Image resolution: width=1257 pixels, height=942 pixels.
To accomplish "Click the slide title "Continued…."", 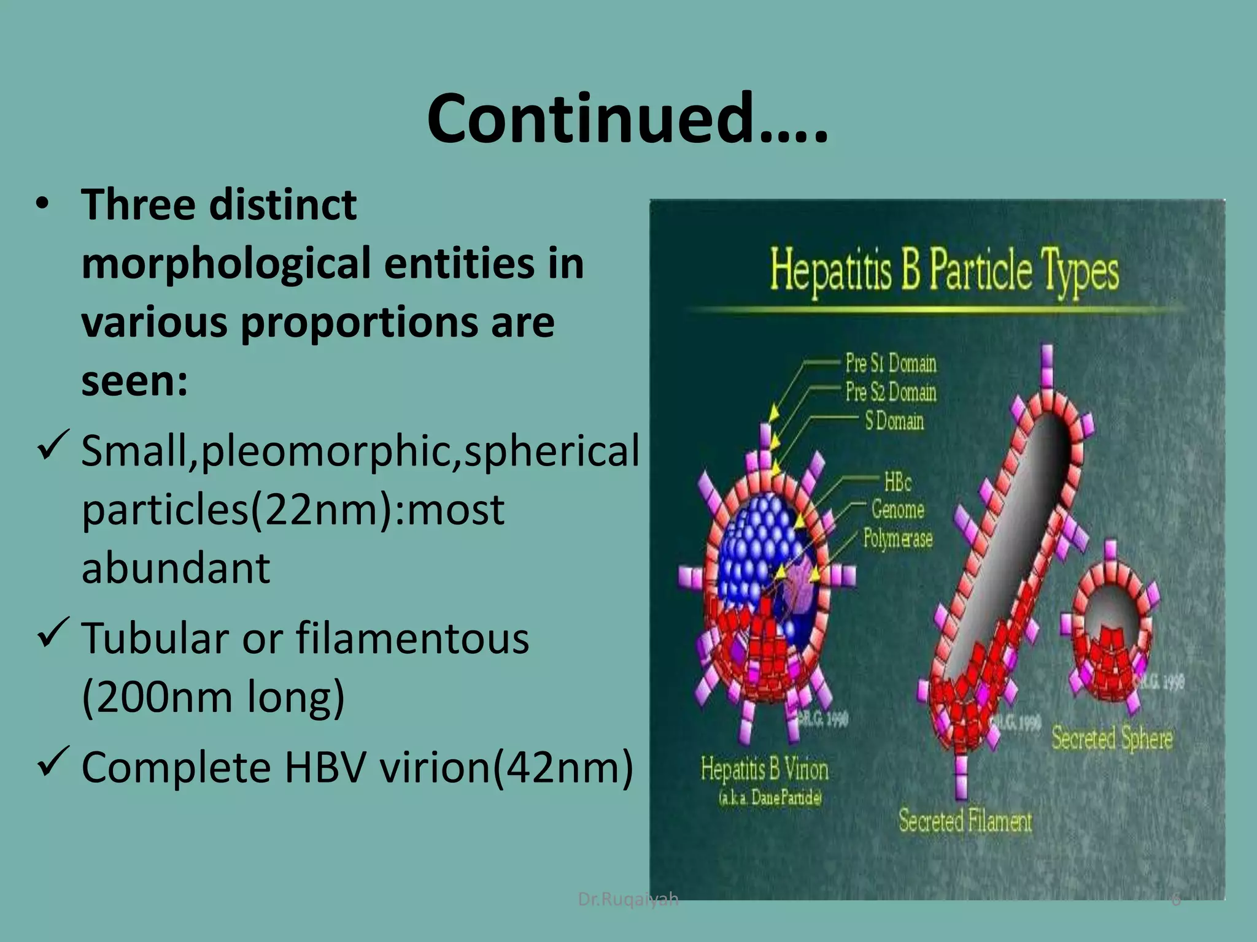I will coord(627,118).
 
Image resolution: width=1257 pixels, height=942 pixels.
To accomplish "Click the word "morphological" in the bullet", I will coord(226,263).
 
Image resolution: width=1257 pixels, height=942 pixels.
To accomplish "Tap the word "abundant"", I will coord(176,568).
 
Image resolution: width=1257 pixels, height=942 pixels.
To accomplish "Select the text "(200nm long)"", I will coord(213,697).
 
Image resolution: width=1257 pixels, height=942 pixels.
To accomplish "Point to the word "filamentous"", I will coord(412,638).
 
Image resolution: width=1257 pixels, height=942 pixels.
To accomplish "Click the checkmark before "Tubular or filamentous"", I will coord(54,632).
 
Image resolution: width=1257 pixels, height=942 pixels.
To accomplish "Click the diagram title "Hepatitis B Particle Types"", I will coord(944,270).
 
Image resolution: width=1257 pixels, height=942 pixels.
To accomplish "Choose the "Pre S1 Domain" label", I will coord(891,363).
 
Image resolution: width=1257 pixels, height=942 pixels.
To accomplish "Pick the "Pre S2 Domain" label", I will coord(891,391).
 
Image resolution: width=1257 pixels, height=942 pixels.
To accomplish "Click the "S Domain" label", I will coord(894,421).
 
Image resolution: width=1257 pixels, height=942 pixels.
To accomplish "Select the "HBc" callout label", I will coord(897,482).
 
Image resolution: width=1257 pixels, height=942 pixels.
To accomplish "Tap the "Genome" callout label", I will coord(897,510).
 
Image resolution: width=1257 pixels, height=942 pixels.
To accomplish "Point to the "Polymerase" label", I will coord(897,538).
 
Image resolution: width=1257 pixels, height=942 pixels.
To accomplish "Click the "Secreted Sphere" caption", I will coord(1112,738).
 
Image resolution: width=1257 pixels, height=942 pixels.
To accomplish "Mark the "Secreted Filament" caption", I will coord(965,821).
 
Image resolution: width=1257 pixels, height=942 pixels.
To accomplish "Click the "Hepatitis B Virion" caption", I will coord(764,769).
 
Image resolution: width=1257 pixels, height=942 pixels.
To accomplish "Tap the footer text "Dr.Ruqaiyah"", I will coord(628,899).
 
